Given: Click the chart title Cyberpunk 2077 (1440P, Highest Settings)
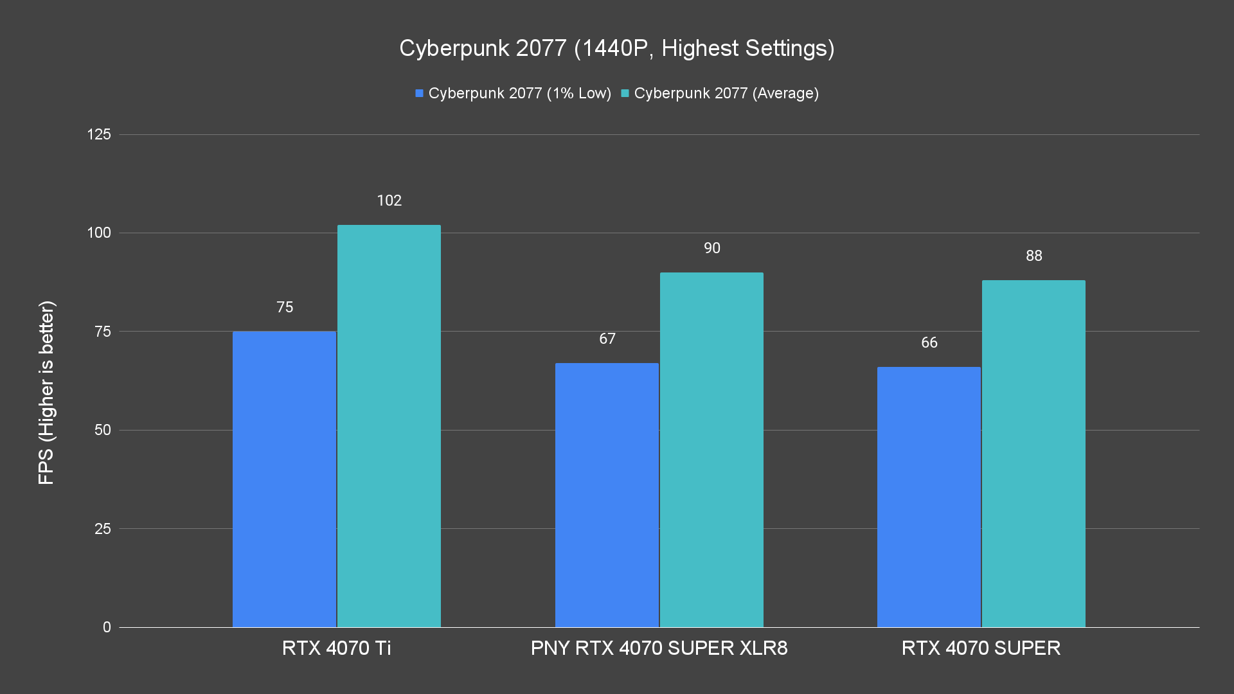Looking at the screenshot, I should click(616, 48).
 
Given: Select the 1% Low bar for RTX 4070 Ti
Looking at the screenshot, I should click(284, 479).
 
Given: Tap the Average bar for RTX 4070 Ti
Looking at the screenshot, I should click(389, 426).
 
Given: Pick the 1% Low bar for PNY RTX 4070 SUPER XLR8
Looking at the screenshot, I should click(607, 495).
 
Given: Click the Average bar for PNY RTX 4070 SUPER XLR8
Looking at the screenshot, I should click(711, 450).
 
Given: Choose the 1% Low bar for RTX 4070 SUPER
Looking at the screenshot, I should click(929, 497).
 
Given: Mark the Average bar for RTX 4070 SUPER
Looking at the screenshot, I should click(1033, 454).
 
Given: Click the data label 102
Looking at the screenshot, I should click(389, 200).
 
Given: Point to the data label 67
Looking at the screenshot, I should click(607, 339).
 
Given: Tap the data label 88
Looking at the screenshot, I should click(1033, 256).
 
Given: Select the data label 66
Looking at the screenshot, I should click(929, 343).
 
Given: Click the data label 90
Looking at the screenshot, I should click(711, 248).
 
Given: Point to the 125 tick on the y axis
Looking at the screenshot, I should click(99, 134).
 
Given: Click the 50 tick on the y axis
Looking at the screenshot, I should click(103, 430).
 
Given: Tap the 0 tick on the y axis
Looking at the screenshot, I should click(107, 627).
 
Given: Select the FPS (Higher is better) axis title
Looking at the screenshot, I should click(46, 393).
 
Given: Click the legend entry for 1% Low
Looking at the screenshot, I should click(514, 93).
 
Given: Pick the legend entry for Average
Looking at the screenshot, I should click(720, 93).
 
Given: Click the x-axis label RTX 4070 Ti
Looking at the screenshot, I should click(336, 648).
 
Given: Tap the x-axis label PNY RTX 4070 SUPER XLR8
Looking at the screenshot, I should click(659, 648).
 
